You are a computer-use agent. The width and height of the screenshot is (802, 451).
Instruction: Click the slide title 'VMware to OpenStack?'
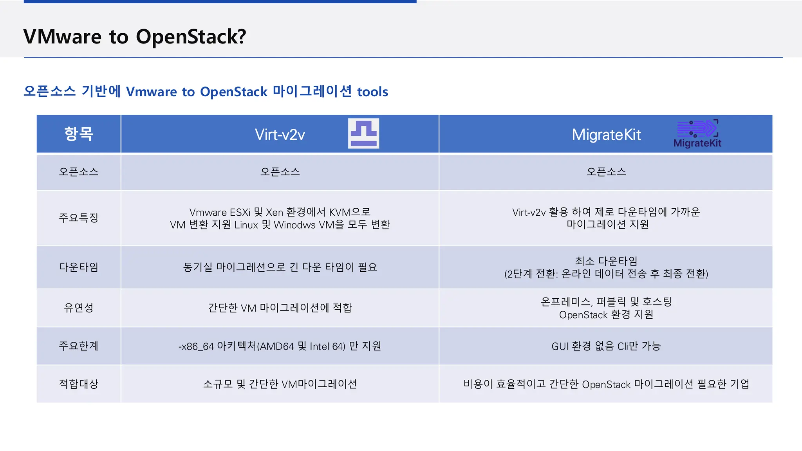pos(135,37)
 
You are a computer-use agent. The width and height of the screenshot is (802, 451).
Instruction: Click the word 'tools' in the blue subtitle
pos(372,92)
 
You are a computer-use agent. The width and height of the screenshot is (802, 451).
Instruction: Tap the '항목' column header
pos(79,134)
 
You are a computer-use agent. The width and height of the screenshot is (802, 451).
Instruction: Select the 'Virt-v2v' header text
pos(280,135)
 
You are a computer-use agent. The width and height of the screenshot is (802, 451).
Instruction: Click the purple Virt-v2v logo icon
pos(363,133)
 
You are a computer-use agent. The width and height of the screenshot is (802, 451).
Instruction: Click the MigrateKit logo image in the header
pos(697,133)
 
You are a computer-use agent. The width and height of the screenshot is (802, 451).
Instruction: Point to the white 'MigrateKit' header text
pos(606,135)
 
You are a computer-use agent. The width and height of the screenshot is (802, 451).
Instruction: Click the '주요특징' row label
pos(79,218)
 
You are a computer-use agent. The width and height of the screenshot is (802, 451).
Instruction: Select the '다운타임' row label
pos(79,267)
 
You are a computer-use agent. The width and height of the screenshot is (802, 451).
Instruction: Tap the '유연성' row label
pos(79,308)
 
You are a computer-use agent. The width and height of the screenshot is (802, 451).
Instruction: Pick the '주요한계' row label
pos(79,346)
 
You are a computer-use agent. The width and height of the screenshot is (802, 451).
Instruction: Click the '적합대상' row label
pos(79,384)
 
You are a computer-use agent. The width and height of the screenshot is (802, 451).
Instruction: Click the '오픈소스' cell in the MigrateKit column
pos(606,172)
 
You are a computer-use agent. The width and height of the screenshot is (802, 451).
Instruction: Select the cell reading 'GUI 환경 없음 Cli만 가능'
pos(606,346)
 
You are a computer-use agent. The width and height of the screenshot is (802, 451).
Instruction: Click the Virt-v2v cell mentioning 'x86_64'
pos(280,346)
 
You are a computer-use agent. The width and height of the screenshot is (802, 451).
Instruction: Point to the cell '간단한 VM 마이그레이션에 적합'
pos(280,308)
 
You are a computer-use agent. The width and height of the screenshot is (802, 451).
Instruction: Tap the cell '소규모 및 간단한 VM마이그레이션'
pos(280,384)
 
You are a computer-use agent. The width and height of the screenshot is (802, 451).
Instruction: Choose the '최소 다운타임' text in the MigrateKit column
pos(606,261)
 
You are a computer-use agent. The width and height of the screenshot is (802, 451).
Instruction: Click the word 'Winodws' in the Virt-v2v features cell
pos(294,225)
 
